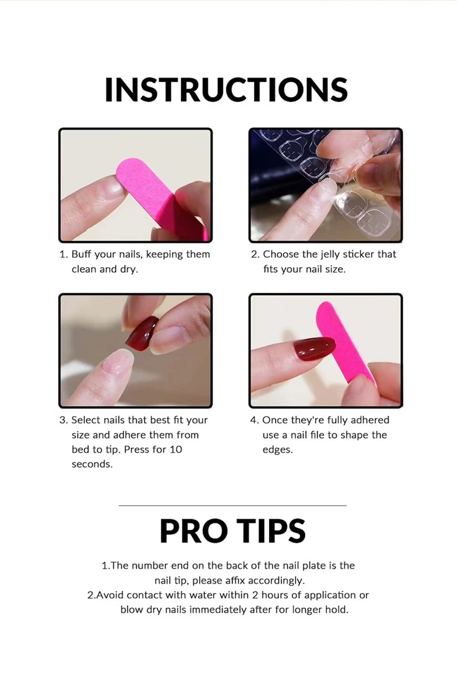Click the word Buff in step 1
81,254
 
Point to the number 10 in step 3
176,450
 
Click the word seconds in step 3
92,465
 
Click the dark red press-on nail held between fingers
142,333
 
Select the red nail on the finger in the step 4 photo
314,349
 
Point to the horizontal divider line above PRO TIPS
232,506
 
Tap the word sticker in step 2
359,254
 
